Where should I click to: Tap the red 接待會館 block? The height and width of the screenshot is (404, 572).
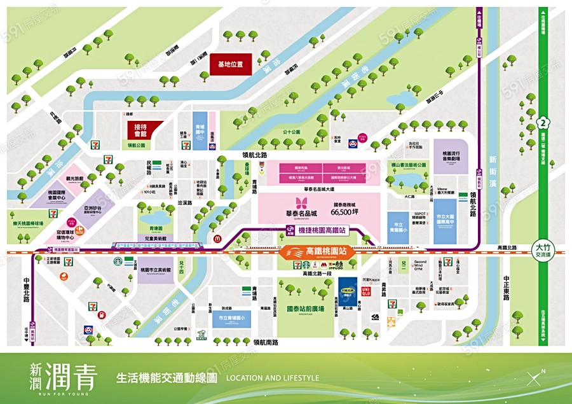(145, 130)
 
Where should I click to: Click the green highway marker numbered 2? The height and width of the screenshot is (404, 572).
(542, 123)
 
